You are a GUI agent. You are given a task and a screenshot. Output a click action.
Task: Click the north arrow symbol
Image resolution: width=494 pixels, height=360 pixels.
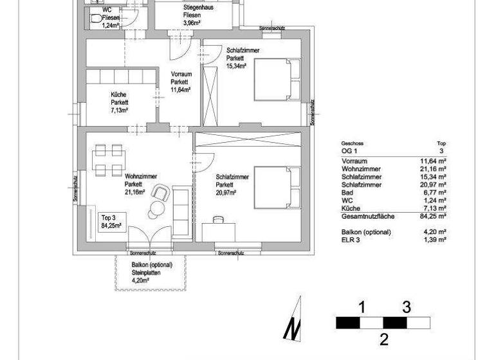click(x=293, y=319)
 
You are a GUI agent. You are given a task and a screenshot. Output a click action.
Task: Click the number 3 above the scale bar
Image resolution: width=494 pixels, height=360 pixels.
click(x=406, y=307)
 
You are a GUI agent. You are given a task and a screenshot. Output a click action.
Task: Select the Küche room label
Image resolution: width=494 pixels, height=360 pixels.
click(x=119, y=102)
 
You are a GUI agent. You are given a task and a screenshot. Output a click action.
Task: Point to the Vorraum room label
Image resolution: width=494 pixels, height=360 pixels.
click(x=180, y=82)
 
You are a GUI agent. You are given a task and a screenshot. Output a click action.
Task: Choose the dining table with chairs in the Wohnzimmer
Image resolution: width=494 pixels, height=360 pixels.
click(x=107, y=160)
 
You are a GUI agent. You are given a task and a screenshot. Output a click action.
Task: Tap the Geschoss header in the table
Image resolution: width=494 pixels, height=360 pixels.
click(x=352, y=143)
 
